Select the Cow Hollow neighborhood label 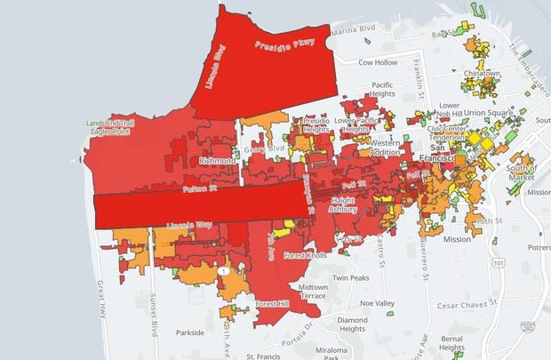(377, 63)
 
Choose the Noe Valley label (377, 303)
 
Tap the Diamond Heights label (352, 324)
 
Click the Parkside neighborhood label (190, 332)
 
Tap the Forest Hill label (273, 304)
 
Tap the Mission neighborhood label (457, 239)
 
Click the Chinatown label (482, 73)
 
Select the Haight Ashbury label (343, 205)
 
